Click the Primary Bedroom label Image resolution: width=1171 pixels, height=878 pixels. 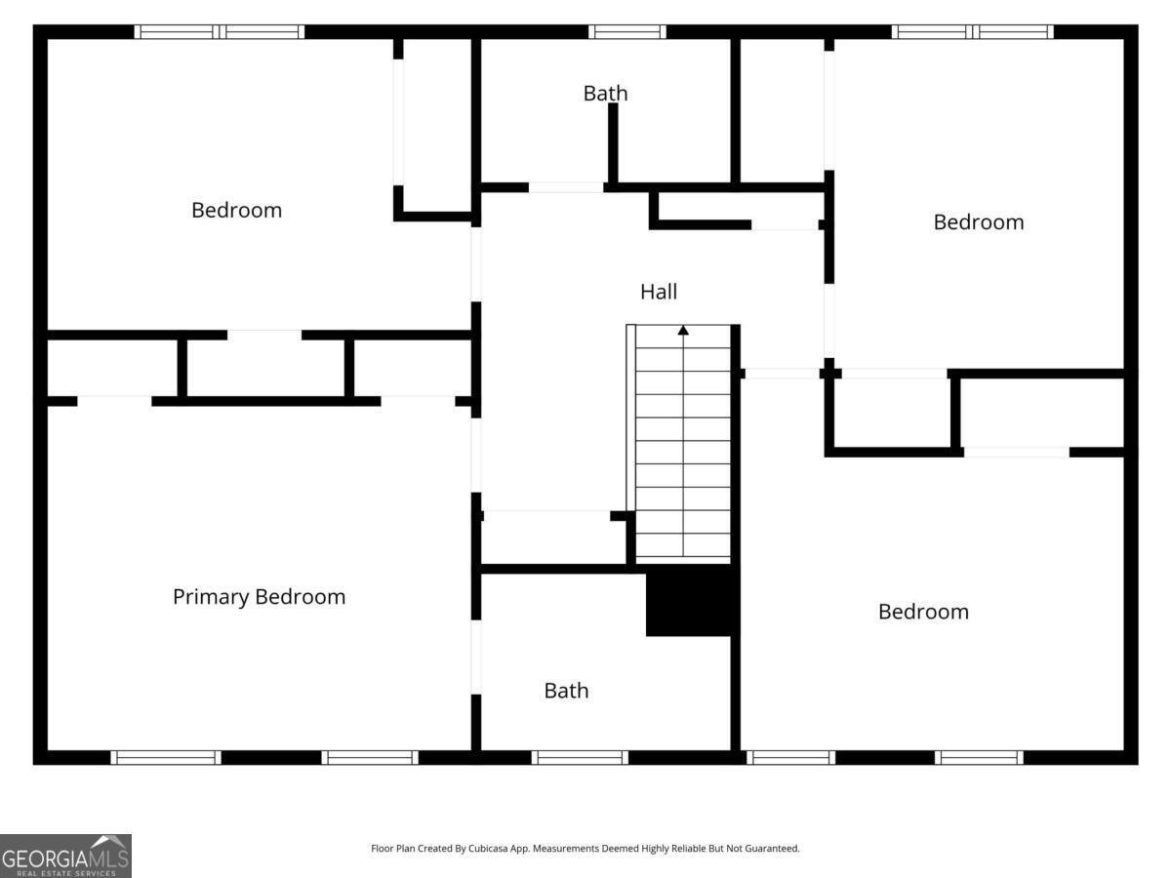click(x=259, y=597)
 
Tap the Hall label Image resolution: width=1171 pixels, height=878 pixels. click(x=659, y=292)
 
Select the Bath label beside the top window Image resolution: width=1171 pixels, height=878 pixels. click(x=605, y=94)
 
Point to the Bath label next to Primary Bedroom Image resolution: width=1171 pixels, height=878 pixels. click(x=566, y=691)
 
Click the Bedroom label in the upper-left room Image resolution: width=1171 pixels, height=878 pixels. click(x=236, y=210)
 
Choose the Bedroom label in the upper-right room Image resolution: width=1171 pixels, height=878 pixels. click(x=979, y=222)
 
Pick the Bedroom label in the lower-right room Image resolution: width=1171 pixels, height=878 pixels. click(x=923, y=612)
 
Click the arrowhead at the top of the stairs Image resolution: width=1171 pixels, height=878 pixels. click(x=683, y=331)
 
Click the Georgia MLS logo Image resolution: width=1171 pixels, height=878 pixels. click(x=65, y=856)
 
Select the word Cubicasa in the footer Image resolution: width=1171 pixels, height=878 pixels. click(x=488, y=848)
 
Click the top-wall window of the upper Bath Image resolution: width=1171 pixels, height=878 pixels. click(x=627, y=32)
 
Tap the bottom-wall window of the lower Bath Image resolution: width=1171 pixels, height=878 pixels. click(x=580, y=758)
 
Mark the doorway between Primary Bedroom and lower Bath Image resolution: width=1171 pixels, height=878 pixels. click(x=476, y=657)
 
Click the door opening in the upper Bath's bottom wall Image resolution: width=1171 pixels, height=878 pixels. click(x=565, y=187)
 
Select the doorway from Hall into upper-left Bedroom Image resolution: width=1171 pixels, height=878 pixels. click(x=476, y=264)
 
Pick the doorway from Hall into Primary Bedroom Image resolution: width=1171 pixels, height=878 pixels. click(x=476, y=456)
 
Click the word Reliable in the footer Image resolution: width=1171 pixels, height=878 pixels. click(x=688, y=848)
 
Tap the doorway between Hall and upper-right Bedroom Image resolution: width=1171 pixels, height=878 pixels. click(x=829, y=320)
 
